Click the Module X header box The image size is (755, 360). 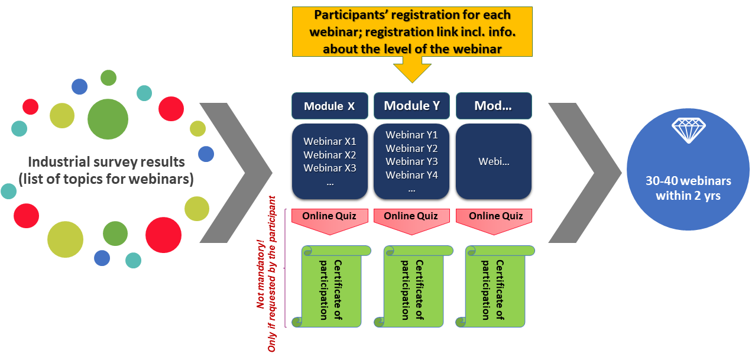pos(329,106)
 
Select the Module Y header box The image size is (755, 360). pos(411,106)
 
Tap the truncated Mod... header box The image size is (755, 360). pos(494,106)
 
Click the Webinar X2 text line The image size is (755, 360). pos(330,155)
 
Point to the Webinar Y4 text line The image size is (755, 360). pos(411,175)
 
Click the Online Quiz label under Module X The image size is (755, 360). pos(329,216)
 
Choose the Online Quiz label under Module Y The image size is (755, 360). pos(411,216)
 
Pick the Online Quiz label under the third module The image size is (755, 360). pos(496,216)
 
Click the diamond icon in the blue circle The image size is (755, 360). pos(688,130)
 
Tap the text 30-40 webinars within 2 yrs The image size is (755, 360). pos(688,187)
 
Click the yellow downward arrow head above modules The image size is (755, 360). pos(412,70)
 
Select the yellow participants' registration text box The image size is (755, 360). pos(412,31)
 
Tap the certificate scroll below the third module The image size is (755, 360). pos(493,287)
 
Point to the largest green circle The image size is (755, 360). pos(108,119)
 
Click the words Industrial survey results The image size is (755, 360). pos(106,162)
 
